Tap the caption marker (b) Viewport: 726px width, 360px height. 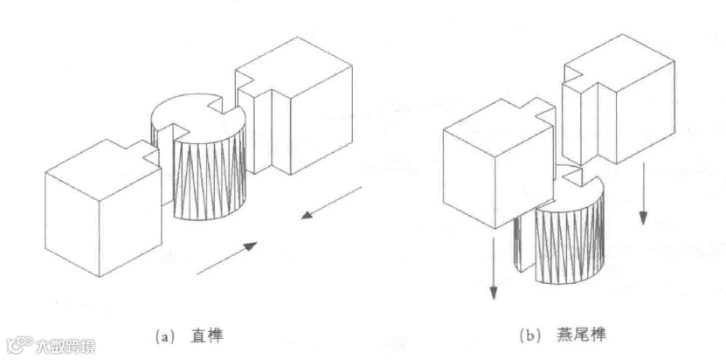(529, 334)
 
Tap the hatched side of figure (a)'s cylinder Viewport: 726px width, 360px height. (206, 179)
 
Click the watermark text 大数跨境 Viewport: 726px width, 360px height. (66, 345)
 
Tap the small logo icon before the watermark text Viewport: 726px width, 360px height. (19, 344)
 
